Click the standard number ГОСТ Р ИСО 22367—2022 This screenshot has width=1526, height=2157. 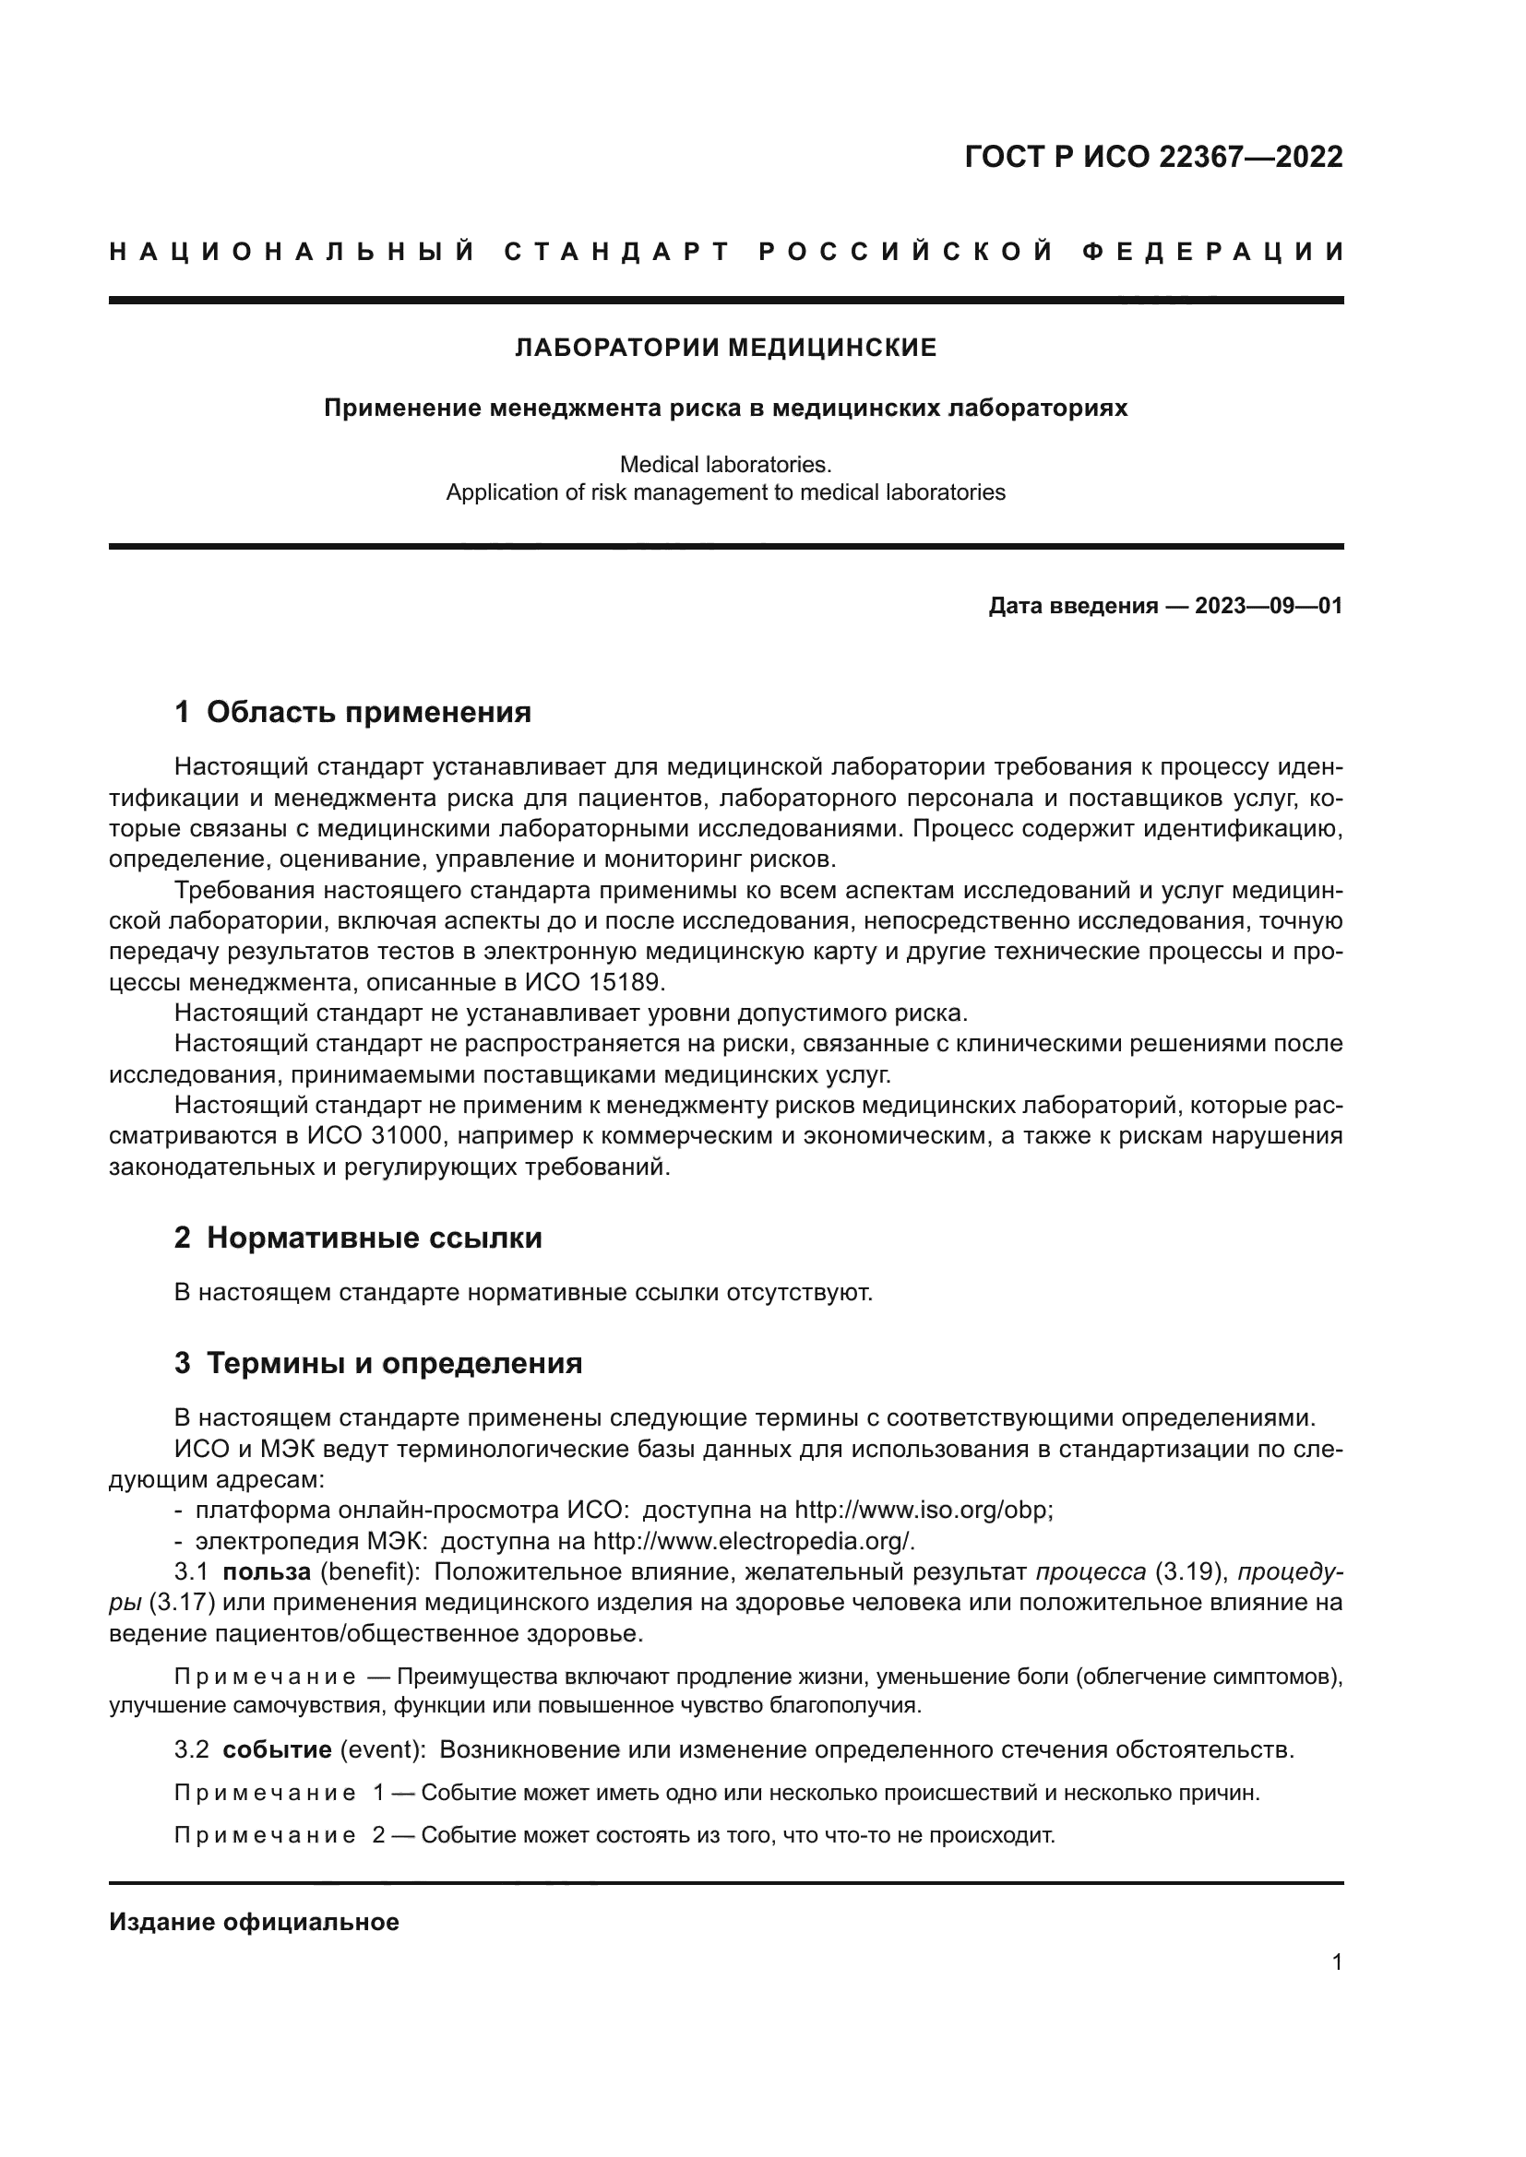click(1153, 156)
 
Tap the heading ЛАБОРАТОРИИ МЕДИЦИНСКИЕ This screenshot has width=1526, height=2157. click(725, 348)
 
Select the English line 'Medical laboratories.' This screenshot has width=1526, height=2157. click(725, 464)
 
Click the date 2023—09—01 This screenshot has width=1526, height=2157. click(1269, 606)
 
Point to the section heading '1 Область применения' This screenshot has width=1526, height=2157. click(352, 712)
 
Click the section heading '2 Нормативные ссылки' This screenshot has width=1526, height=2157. click(358, 1238)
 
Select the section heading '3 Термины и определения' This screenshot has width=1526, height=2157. click(377, 1363)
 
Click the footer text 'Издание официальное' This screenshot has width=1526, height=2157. click(254, 1922)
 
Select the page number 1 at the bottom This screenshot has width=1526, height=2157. click(1336, 1962)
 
